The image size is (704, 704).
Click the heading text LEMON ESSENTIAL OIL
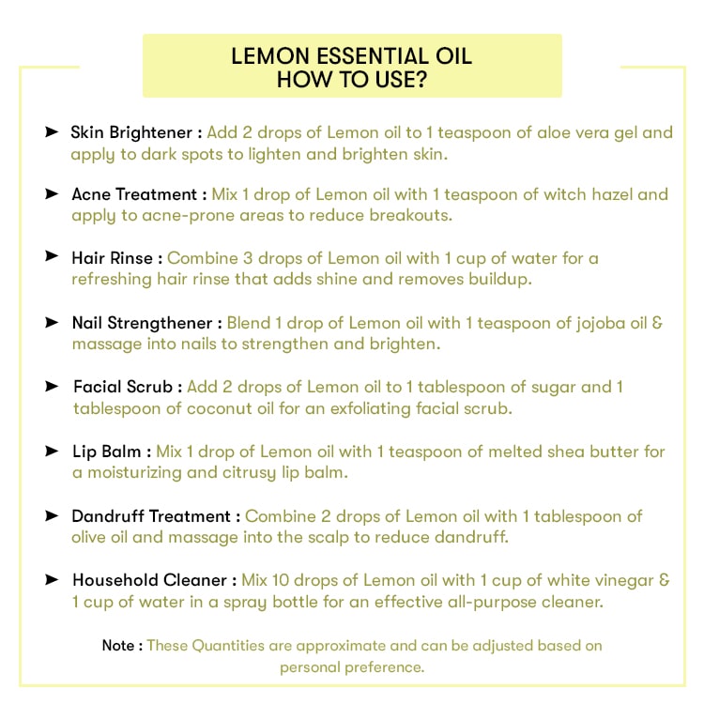[x=352, y=56]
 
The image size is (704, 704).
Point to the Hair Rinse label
[x=117, y=257]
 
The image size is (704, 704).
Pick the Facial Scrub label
[x=127, y=387]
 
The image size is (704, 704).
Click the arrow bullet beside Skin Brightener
[x=52, y=131]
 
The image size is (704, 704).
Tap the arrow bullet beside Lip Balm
[x=52, y=451]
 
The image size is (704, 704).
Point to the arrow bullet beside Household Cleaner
[x=52, y=580]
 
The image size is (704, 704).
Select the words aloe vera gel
[x=589, y=132]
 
